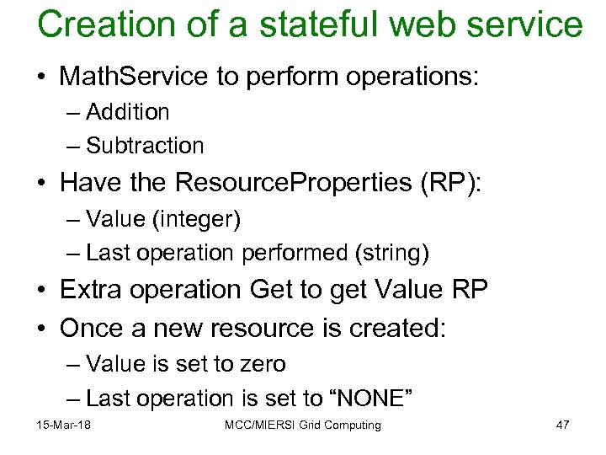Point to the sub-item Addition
(127, 112)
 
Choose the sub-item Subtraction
(145, 146)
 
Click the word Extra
(92, 289)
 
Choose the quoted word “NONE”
(364, 398)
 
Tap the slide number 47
(562, 425)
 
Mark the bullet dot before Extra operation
(42, 290)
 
